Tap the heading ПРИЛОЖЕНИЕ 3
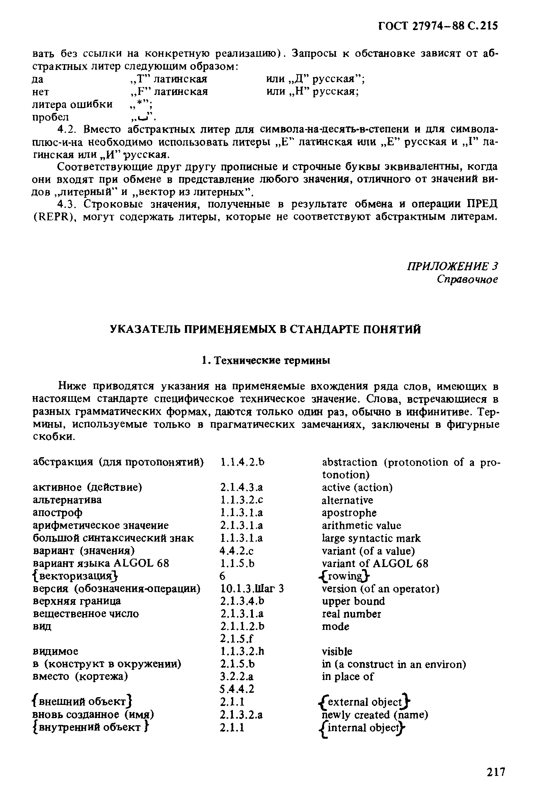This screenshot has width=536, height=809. pyautogui.click(x=452, y=266)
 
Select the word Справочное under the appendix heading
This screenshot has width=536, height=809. pyautogui.click(x=467, y=279)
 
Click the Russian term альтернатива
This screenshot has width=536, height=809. pyautogui.click(x=67, y=500)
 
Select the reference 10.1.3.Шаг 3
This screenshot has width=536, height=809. pyautogui.click(x=252, y=589)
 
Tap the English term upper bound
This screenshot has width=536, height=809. pyautogui.click(x=353, y=601)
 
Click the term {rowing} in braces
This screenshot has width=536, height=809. pyautogui.click(x=344, y=576)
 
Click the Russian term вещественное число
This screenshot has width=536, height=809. pyautogui.click(x=86, y=614)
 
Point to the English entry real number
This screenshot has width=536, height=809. pyautogui.click(x=351, y=614)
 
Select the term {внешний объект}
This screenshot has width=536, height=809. pyautogui.click(x=82, y=702)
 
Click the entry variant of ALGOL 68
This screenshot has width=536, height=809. pyautogui.click(x=375, y=564)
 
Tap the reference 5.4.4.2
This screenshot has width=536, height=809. pyautogui.click(x=237, y=689)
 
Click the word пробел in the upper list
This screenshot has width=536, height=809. pyautogui.click(x=50, y=117)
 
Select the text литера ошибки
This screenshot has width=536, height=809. pyautogui.click(x=72, y=104)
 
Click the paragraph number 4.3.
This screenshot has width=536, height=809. pyautogui.click(x=65, y=204)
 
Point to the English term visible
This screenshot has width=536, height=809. pyautogui.click(x=337, y=651)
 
